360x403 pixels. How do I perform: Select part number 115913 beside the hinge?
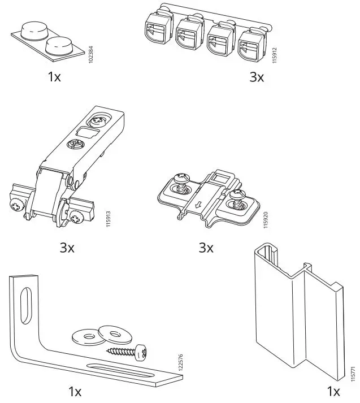coord(108,219)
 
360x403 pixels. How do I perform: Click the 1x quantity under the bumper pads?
coord(54,77)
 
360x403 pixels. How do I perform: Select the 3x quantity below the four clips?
coord(257,77)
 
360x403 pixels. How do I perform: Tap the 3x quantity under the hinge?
coord(67,247)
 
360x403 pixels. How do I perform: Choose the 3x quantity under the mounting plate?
coord(206,247)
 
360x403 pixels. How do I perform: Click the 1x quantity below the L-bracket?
coord(75,391)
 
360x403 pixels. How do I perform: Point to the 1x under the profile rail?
coord(333,391)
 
